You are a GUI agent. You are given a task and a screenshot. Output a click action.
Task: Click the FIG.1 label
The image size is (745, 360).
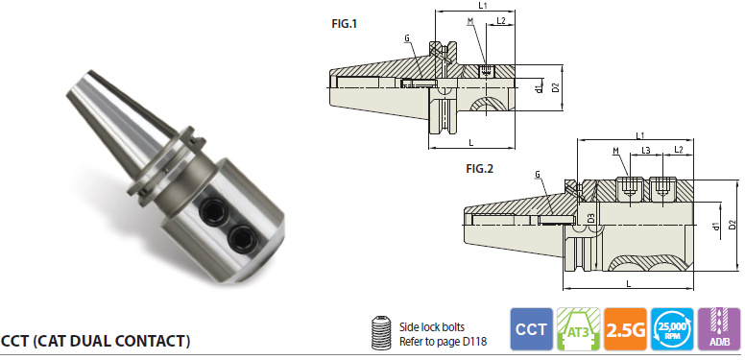click(344, 24)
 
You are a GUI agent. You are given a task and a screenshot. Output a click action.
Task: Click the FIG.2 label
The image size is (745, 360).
click(479, 169)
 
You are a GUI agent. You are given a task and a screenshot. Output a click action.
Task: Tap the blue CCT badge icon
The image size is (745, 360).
click(531, 329)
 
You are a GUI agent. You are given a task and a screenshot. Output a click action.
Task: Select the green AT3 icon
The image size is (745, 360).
click(578, 329)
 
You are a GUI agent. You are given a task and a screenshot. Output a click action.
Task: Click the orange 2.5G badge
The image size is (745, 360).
click(625, 329)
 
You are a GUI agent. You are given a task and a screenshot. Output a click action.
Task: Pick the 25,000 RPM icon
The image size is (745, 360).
click(672, 329)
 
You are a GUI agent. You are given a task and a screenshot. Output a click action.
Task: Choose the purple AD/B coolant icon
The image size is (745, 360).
click(719, 329)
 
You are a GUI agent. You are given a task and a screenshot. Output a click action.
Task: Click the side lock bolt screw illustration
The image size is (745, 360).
click(381, 332)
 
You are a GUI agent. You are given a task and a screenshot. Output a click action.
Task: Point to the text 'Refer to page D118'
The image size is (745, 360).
click(443, 342)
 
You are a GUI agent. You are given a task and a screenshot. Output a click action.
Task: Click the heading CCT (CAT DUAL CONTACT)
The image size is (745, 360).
click(95, 341)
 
